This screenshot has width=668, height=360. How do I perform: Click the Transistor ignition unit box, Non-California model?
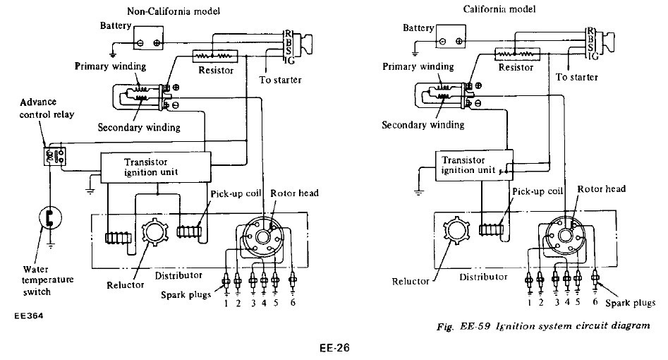coord(157,167)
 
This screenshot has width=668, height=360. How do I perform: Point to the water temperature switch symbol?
coord(49,219)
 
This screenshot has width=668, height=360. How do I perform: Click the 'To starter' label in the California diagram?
coord(577,76)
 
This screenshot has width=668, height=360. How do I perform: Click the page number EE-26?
coord(334,347)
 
